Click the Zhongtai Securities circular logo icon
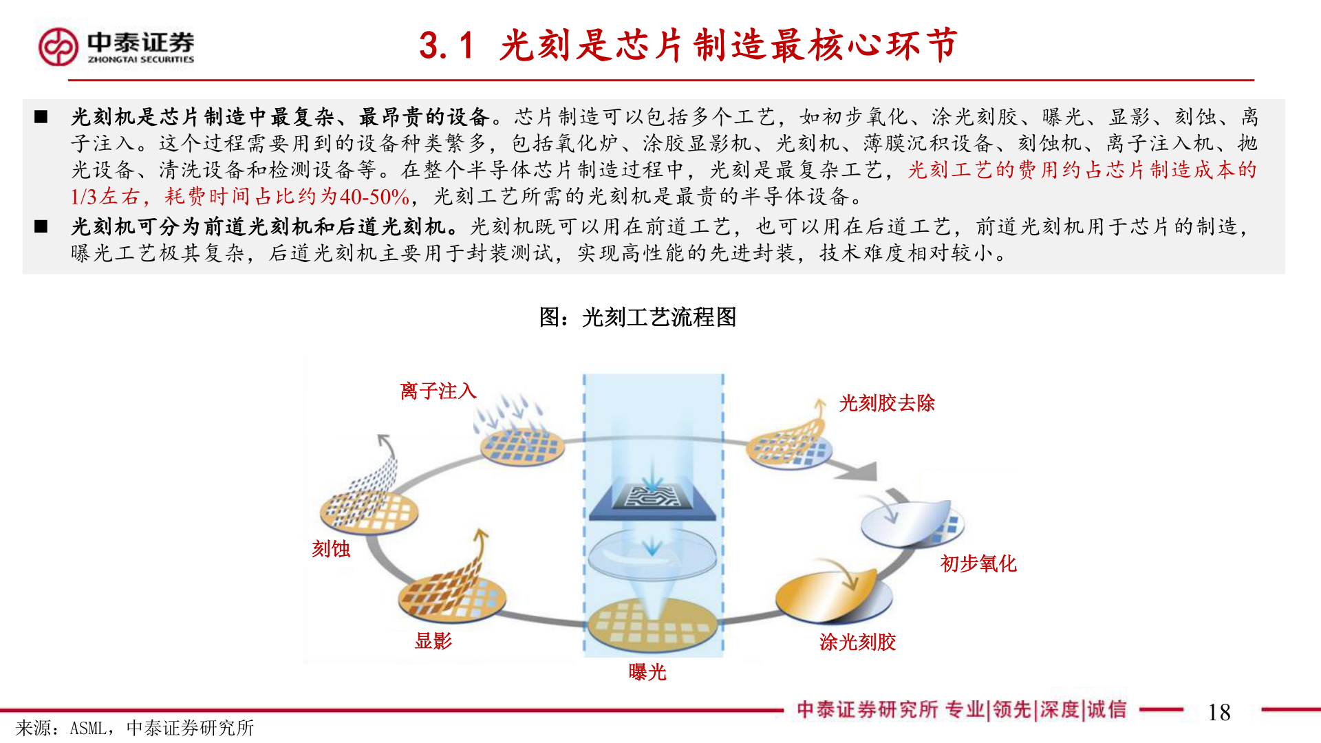click(58, 47)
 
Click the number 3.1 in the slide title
click(447, 46)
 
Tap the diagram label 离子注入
click(438, 391)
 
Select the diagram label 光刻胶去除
click(886, 403)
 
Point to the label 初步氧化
click(978, 564)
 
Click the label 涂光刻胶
click(857, 642)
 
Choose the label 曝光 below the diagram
click(647, 672)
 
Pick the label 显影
click(433, 641)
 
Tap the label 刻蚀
click(331, 549)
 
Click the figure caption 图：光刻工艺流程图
click(637, 317)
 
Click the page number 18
click(1218, 712)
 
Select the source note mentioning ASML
click(135, 728)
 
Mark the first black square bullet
click(41, 117)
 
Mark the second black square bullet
click(41, 226)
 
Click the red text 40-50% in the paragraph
click(374, 197)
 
